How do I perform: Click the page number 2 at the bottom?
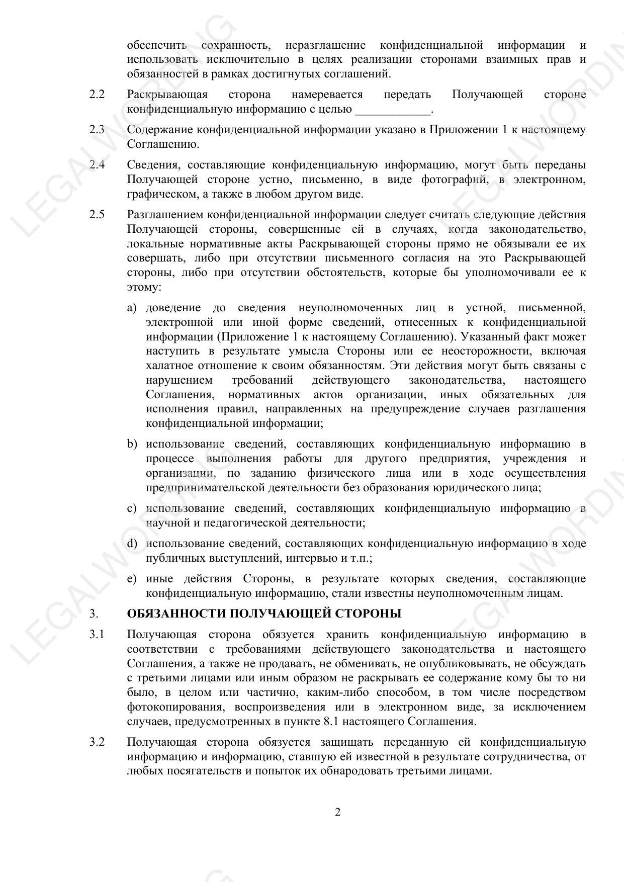tap(337, 812)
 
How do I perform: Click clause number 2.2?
tap(97, 95)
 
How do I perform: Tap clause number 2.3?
tap(97, 130)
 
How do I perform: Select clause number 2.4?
tap(97, 165)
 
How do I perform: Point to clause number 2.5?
tap(97, 215)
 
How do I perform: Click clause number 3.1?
tap(97, 635)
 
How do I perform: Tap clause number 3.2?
tap(97, 742)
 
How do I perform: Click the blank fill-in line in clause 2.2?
tap(393, 110)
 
